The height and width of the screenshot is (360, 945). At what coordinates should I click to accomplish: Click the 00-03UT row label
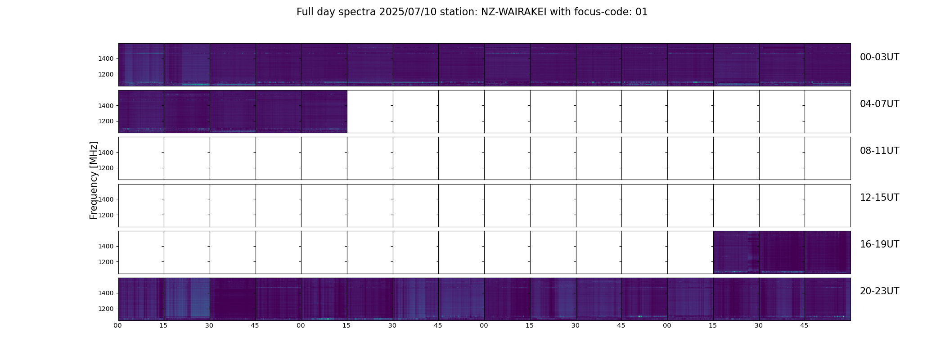pyautogui.click(x=879, y=57)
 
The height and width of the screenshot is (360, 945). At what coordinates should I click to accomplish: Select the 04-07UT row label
pyautogui.click(x=879, y=104)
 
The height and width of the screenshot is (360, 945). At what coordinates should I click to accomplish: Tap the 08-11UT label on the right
pyautogui.click(x=879, y=151)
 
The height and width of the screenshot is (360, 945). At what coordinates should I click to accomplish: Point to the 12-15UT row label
pyautogui.click(x=879, y=198)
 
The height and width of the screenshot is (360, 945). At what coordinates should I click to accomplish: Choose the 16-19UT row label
pyautogui.click(x=879, y=244)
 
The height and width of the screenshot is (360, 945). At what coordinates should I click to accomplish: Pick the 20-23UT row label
pyautogui.click(x=879, y=291)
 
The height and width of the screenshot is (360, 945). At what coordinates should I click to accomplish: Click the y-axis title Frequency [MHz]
pyautogui.click(x=94, y=180)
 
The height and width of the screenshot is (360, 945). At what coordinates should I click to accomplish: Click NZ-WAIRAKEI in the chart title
pyautogui.click(x=514, y=12)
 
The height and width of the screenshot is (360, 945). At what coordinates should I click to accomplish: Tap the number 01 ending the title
pyautogui.click(x=642, y=12)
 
